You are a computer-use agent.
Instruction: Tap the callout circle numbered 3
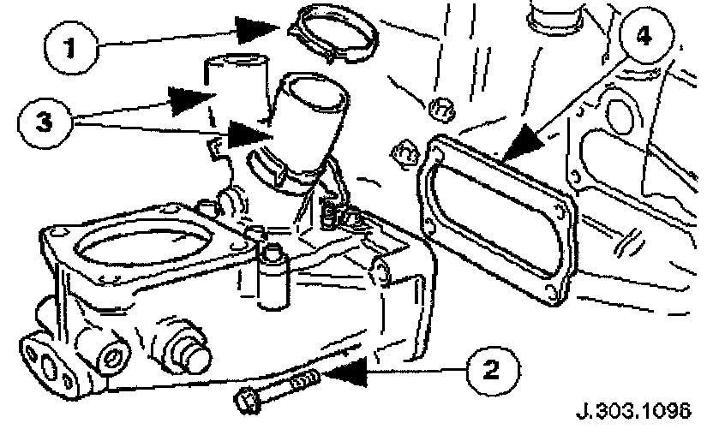coord(39,118)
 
